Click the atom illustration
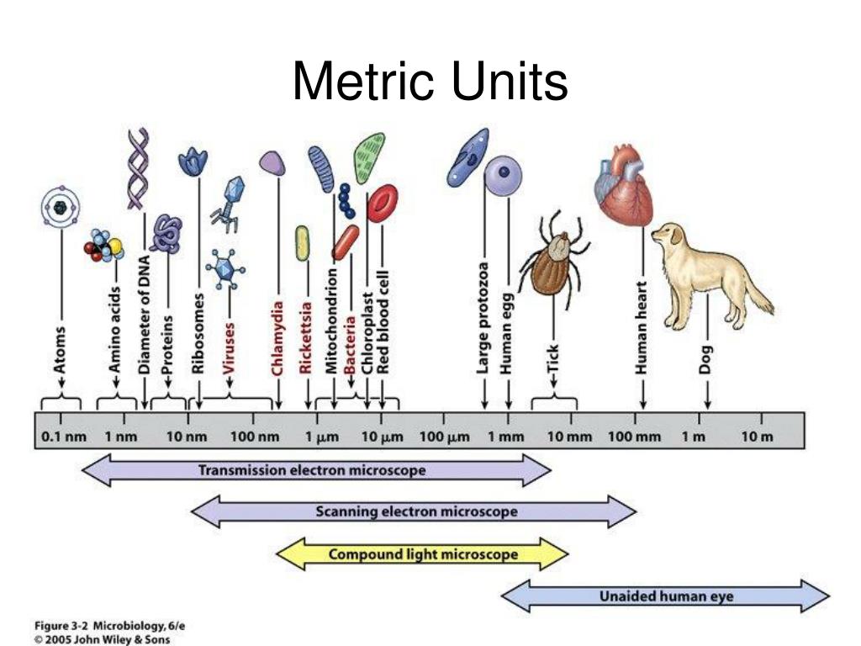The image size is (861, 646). click(x=61, y=207)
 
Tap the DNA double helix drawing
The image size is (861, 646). click(x=138, y=168)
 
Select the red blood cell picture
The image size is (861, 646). click(x=383, y=204)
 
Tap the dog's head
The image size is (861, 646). click(x=668, y=236)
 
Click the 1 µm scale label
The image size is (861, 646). click(x=322, y=437)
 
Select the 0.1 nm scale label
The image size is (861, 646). click(x=64, y=437)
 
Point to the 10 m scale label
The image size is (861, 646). click(x=758, y=437)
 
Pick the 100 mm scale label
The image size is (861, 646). click(x=634, y=437)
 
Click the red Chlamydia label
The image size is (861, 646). click(x=277, y=338)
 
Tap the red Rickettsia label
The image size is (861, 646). click(x=306, y=338)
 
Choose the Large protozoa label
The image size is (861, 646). click(x=483, y=319)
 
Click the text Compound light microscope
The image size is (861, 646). click(x=423, y=554)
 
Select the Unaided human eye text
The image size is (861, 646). click(x=666, y=596)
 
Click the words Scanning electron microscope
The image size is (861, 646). click(x=416, y=512)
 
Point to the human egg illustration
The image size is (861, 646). click(x=503, y=175)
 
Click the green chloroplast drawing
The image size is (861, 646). click(x=370, y=157)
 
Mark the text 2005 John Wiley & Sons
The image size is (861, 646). click(x=108, y=639)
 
